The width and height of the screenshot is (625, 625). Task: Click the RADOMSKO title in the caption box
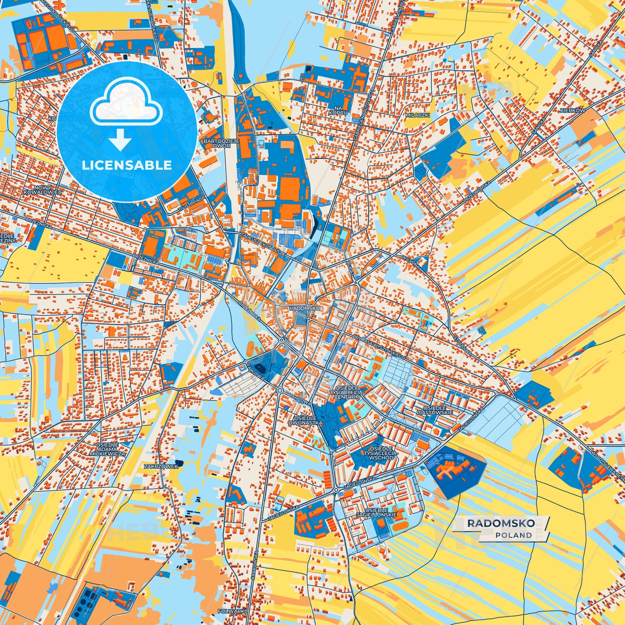point(500,523)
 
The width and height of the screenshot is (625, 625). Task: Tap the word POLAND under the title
point(513,535)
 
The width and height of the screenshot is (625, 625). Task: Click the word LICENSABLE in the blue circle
point(127,165)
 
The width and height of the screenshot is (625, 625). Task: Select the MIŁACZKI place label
point(417,115)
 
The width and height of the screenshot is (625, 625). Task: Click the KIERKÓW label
point(572,110)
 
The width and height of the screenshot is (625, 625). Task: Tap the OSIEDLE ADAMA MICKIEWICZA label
point(107,449)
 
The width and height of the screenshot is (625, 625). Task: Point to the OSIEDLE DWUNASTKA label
point(308,420)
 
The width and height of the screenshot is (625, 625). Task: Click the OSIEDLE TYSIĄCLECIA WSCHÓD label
point(381,453)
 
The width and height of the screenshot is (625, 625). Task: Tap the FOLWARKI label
point(232,611)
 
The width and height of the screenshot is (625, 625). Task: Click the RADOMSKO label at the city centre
point(304,308)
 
